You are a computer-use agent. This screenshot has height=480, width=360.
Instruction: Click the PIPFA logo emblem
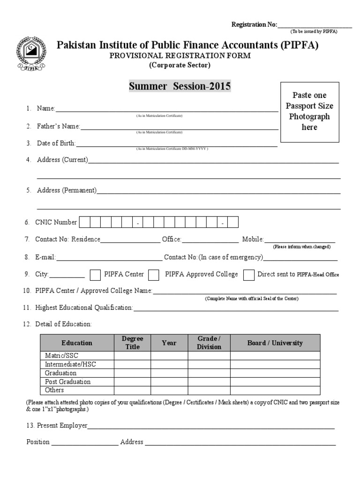pyautogui.click(x=32, y=54)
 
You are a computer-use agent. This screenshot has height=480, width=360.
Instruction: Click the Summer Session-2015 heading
pyautogui.click(x=180, y=86)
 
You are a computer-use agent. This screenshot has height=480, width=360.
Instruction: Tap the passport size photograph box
pyautogui.click(x=309, y=112)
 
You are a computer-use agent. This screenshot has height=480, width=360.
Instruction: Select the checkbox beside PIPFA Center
pyautogui.click(x=95, y=275)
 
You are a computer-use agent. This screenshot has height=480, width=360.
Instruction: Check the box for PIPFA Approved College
pyautogui.click(x=153, y=275)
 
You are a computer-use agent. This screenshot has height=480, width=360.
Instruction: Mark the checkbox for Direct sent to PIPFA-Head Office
pyautogui.click(x=249, y=275)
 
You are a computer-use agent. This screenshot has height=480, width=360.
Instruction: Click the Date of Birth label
pyautogui.click(x=56, y=143)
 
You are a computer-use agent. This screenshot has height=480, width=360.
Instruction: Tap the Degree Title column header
pyautogui.click(x=133, y=343)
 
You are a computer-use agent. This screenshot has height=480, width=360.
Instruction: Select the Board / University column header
pyautogui.click(x=275, y=343)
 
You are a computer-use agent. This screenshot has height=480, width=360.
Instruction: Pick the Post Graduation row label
pyautogui.click(x=67, y=382)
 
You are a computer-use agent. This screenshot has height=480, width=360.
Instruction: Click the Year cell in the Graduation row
pyautogui.click(x=169, y=373)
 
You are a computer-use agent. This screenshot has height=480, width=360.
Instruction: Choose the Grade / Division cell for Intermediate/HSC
pyautogui.click(x=209, y=364)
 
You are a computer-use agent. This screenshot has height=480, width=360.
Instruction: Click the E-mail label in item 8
pyautogui.click(x=45, y=257)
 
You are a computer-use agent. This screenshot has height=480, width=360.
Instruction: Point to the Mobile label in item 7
pyautogui.click(x=253, y=240)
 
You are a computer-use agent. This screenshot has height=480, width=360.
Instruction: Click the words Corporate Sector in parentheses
pyautogui.click(x=180, y=65)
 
